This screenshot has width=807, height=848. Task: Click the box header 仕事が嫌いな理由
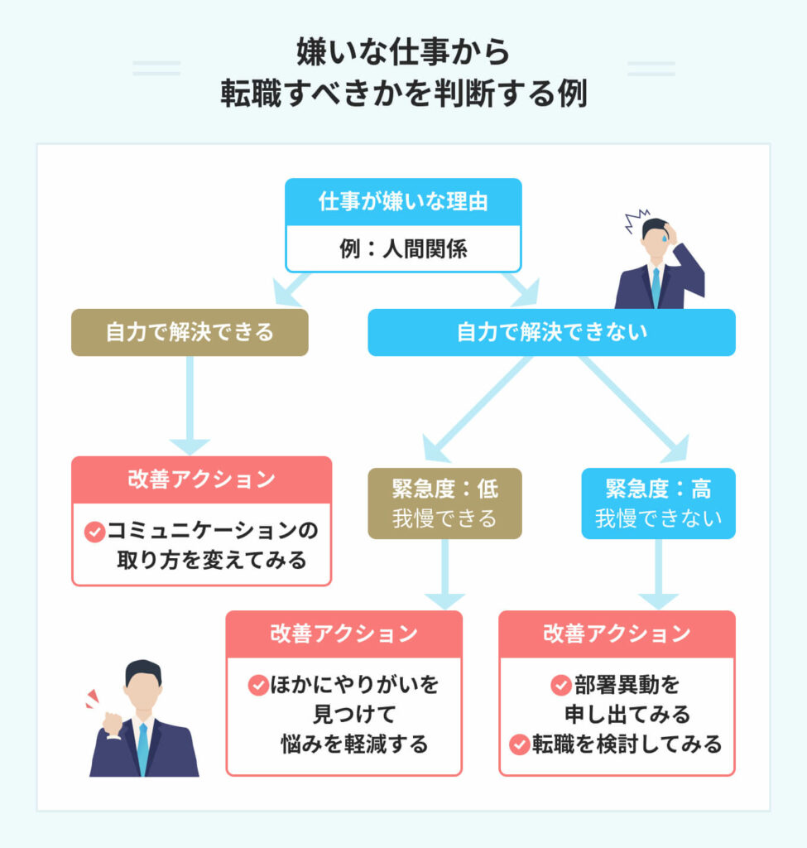403,202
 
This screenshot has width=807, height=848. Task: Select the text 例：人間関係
403,248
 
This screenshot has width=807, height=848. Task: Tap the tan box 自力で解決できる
190,333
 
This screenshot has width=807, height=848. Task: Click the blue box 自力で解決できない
551,333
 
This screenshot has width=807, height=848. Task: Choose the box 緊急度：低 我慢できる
445,503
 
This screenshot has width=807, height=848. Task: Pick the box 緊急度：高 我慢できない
658,503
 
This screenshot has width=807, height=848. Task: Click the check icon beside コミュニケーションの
94,531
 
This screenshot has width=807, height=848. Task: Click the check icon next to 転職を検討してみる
519,744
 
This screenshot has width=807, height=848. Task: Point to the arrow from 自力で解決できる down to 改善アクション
190,406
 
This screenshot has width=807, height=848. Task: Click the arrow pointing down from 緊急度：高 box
658,576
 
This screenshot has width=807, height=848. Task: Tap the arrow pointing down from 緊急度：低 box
445,576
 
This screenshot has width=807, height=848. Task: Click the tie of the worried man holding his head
656,287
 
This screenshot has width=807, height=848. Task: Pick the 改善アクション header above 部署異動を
617,634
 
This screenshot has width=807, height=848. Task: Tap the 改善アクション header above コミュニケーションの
201,480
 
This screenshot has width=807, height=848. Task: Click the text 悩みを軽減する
355,744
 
